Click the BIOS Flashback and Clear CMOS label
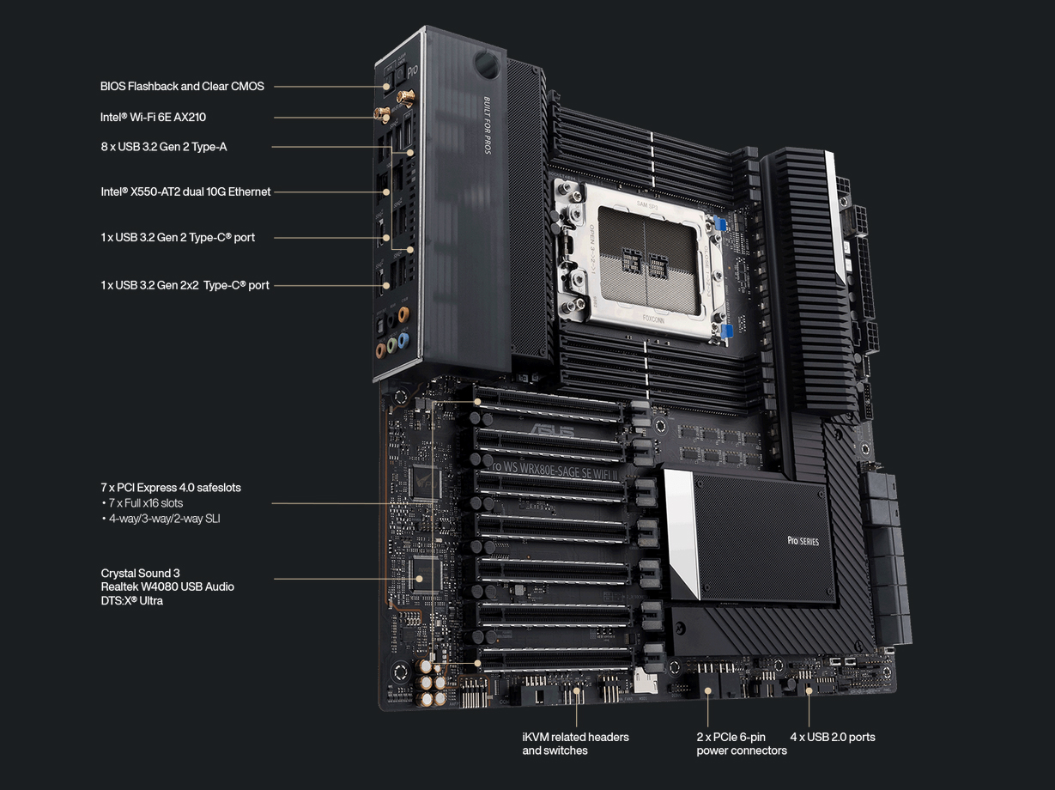182,86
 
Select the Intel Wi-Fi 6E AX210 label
153,117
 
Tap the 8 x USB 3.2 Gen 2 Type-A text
163,147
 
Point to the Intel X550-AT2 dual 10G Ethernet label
185,191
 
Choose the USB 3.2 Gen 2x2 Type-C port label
185,285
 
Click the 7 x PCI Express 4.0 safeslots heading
170,487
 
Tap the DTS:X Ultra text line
131,600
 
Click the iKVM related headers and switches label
575,744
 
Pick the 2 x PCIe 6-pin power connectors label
741,744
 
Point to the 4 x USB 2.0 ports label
832,737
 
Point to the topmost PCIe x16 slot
549,404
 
